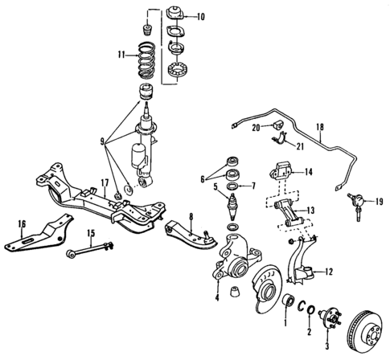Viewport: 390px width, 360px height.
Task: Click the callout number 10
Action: (x=200, y=15)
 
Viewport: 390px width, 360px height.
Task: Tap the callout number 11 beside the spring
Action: (x=121, y=56)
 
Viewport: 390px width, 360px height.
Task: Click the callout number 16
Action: (x=22, y=223)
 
